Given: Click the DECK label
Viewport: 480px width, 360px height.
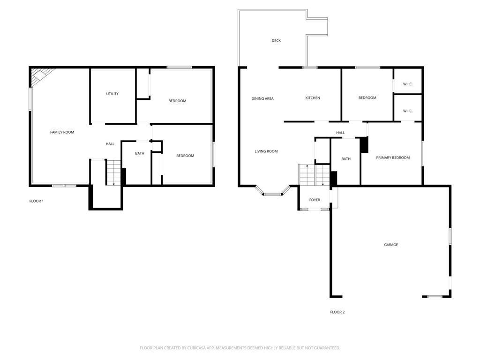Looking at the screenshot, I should pyautogui.click(x=276, y=41).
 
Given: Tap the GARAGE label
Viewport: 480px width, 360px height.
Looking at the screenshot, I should pyautogui.click(x=391, y=245).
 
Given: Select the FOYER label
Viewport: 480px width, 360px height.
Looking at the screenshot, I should pyautogui.click(x=315, y=200).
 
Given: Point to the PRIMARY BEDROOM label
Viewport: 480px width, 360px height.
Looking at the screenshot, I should pyautogui.click(x=393, y=157).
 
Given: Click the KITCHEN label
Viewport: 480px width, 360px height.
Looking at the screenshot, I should pyautogui.click(x=313, y=98).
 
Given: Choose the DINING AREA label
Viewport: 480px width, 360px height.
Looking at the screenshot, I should pyautogui.click(x=262, y=98).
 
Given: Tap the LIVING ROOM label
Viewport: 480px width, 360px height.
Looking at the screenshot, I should pyautogui.click(x=266, y=151).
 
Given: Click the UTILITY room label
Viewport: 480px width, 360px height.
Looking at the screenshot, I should pyautogui.click(x=112, y=94).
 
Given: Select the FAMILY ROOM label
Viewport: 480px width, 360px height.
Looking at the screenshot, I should pyautogui.click(x=62, y=132).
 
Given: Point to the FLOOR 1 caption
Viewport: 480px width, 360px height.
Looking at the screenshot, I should pyautogui.click(x=37, y=201).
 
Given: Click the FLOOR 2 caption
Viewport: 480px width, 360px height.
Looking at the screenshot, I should pyautogui.click(x=337, y=312).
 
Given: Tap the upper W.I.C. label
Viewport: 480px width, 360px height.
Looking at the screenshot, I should pyautogui.click(x=408, y=84).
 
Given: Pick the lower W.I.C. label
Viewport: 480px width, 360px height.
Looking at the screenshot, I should pyautogui.click(x=408, y=111).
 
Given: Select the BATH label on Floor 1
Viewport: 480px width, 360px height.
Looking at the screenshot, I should pyautogui.click(x=140, y=153).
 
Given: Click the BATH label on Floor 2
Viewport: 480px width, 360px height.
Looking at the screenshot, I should pyautogui.click(x=346, y=159).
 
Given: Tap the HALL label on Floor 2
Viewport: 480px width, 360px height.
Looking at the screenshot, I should pyautogui.click(x=340, y=133).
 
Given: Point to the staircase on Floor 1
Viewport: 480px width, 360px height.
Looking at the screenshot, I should pyautogui.click(x=112, y=172).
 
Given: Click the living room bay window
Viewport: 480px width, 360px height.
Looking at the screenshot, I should pyautogui.click(x=272, y=192).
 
